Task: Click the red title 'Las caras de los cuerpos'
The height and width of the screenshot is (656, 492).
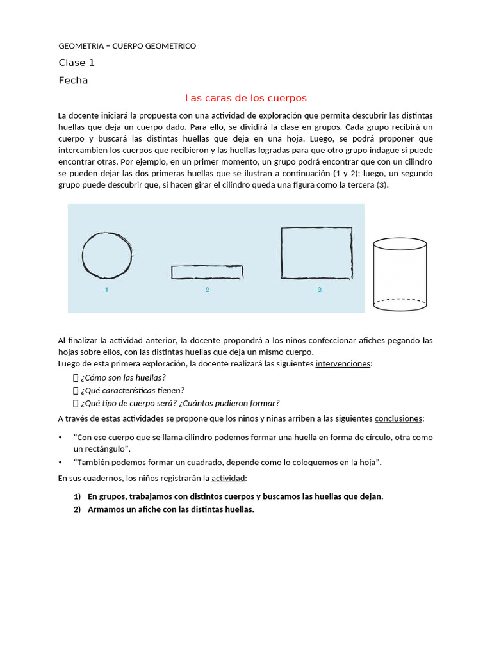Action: coord(246,98)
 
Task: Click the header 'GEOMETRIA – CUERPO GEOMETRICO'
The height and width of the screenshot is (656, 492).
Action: coord(127,46)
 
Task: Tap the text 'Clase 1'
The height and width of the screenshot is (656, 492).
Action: coord(76,63)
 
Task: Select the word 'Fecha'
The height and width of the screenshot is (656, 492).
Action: coord(73,81)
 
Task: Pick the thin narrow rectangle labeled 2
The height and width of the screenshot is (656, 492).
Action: coord(207,272)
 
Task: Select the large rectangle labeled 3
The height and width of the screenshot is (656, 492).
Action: coord(316,253)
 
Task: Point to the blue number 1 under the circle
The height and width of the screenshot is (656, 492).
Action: coord(106,290)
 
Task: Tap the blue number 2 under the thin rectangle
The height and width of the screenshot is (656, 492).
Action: coord(207,290)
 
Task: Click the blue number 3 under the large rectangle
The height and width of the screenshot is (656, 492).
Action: coord(319,290)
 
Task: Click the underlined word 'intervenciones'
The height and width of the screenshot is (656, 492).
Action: coord(343,364)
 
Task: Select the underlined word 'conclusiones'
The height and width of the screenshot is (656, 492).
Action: coord(398,418)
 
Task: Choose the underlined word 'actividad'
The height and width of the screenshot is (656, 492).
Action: coord(229,479)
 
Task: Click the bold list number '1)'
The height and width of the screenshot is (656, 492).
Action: coord(77,496)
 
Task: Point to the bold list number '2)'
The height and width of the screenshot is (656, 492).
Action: coord(77,509)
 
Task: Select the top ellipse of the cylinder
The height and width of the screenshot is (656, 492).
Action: coord(400,243)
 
